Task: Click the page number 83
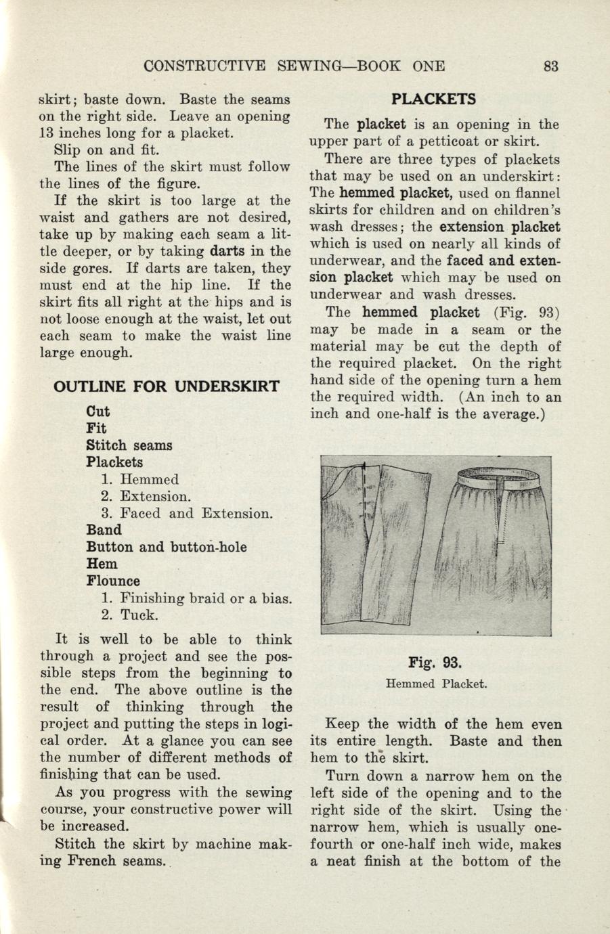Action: pyautogui.click(x=550, y=66)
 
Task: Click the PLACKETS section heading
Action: pyautogui.click(x=435, y=99)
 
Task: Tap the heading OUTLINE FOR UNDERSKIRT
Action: pyautogui.click(x=166, y=386)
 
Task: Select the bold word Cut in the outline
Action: pyautogui.click(x=98, y=412)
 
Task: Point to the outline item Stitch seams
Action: pyautogui.click(x=129, y=445)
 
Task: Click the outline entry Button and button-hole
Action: pyautogui.click(x=166, y=547)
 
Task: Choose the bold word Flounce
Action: pyautogui.click(x=113, y=581)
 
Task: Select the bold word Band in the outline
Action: pyautogui.click(x=104, y=530)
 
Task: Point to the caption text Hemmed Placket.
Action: pyautogui.click(x=436, y=684)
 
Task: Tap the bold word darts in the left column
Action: pyautogui.click(x=227, y=251)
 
